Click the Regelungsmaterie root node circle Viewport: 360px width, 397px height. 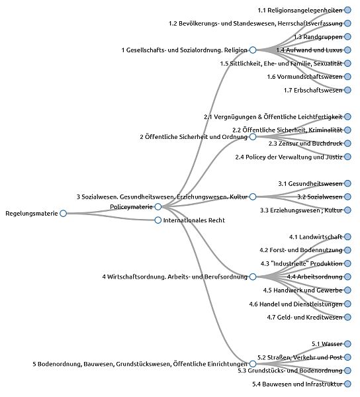pyautogui.click(x=63, y=214)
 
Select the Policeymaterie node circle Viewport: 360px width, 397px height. pyautogui.click(x=158, y=207)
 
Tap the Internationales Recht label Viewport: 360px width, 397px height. pyautogui.click(x=194, y=220)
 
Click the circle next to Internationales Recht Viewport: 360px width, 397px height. pyautogui.click(x=158, y=220)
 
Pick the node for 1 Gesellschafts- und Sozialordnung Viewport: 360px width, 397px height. pyautogui.click(x=253, y=50)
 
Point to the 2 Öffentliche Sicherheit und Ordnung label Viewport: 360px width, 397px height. pyautogui.click(x=194, y=137)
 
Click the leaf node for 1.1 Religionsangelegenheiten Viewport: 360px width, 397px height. pyautogui.click(x=347, y=10)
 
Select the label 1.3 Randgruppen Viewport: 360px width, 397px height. pyautogui.click(x=318, y=37)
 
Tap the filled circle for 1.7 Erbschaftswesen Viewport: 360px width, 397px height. pyautogui.click(x=347, y=90)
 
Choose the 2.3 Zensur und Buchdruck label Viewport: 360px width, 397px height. pyautogui.click(x=305, y=144)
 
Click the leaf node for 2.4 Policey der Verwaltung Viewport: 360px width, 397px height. pyautogui.click(x=347, y=157)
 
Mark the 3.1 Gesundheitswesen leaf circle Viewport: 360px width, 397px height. pyautogui.click(x=347, y=183)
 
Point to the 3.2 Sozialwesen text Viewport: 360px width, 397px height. pyautogui.click(x=320, y=197)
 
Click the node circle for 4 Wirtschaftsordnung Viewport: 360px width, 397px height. pyautogui.click(x=253, y=277)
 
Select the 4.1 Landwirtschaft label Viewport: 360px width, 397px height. pyautogui.click(x=316, y=237)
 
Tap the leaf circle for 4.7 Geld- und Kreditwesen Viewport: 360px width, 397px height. pyautogui.click(x=347, y=317)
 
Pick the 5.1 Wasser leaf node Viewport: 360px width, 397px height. pyautogui.click(x=347, y=344)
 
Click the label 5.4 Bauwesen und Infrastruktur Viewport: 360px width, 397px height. pyautogui.click(x=297, y=384)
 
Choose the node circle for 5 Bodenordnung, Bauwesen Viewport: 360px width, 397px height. pyautogui.click(x=253, y=364)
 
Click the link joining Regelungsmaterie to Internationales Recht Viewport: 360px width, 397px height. pyautogui.click(x=111, y=217)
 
